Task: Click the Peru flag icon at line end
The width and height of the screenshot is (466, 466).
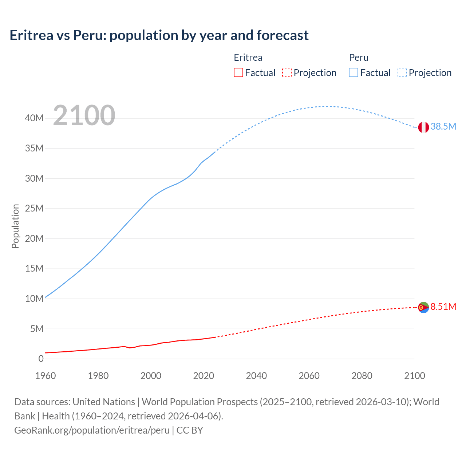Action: [423, 127]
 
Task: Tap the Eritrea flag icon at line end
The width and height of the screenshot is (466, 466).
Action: [423, 307]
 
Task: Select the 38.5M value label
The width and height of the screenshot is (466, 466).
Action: [443, 126]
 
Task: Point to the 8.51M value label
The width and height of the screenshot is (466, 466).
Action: [443, 307]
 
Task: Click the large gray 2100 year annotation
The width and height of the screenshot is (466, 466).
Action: [84, 115]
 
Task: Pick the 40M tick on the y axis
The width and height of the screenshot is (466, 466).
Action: [34, 118]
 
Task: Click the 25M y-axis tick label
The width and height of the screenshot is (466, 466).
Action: [34, 208]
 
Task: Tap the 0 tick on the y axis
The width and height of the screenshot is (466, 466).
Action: [41, 359]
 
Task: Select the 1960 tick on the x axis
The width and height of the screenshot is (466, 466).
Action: [46, 376]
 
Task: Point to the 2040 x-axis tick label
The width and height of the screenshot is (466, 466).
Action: [256, 376]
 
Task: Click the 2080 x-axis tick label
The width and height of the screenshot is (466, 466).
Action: [362, 376]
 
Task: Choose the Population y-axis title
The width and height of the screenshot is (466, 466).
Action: [15, 226]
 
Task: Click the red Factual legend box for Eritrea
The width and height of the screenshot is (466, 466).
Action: [238, 73]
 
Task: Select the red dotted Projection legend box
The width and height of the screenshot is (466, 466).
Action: [287, 73]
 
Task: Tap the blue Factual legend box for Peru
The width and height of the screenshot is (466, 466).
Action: [353, 73]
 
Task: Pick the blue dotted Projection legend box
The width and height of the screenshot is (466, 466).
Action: [402, 73]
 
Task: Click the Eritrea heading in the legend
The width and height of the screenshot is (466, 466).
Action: [248, 58]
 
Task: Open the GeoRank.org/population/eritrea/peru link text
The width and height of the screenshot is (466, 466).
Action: [92, 430]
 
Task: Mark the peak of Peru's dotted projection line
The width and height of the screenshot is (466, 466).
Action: [328, 106]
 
